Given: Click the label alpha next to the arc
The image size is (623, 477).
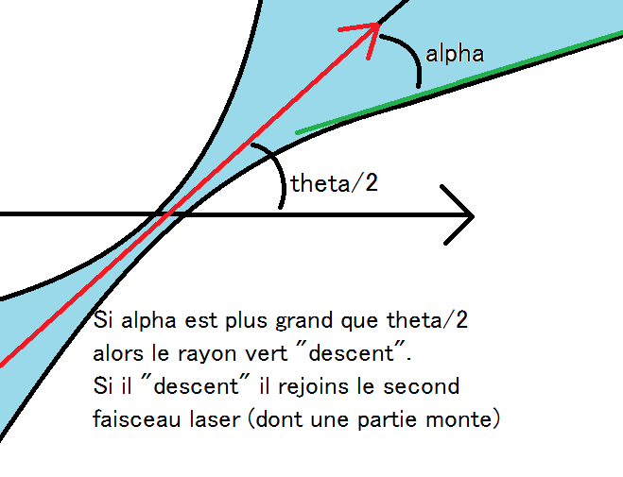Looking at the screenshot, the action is (455, 54).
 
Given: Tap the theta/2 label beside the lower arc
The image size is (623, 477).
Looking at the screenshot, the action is (334, 183).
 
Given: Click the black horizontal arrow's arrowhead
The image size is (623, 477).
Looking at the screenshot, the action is (459, 215).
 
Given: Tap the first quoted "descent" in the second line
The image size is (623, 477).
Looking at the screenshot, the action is (372, 354).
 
